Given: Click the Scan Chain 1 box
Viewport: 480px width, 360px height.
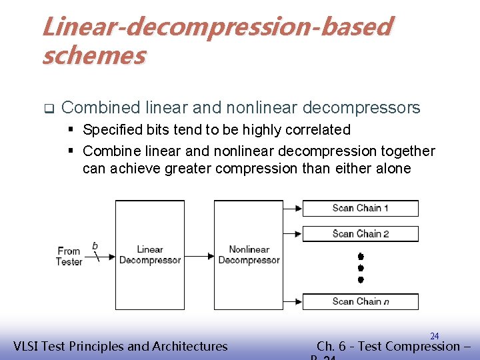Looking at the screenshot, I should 360,208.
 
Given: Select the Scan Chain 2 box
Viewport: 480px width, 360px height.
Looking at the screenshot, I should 360,233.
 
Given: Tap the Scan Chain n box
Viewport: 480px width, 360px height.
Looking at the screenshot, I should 360,301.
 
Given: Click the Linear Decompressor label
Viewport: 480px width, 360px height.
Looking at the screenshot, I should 149,255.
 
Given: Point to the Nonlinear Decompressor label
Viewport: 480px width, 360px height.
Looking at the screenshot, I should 249,255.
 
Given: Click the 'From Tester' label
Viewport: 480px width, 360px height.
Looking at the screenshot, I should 69,256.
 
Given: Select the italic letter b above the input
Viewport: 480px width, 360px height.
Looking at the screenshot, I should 95,245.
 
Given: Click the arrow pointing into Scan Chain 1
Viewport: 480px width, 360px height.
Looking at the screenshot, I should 293,208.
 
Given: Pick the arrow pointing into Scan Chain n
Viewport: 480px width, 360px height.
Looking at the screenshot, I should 293,301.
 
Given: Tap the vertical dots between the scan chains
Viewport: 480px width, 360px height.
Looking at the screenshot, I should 360,267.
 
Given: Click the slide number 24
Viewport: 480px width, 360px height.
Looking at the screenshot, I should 434,336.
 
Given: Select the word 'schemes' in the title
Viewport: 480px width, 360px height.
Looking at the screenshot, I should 93,56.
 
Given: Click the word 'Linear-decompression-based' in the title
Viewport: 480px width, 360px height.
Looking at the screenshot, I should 217,27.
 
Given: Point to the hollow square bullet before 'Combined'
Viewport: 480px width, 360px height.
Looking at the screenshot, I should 48,108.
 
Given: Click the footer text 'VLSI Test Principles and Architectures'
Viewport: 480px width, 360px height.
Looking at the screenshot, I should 121,346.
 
